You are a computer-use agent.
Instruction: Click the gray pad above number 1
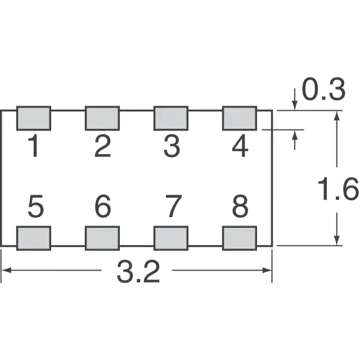point(34,118)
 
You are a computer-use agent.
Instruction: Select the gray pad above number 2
point(102,118)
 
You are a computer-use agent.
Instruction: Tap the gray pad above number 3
point(171,118)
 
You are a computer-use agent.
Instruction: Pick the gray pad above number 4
point(240,118)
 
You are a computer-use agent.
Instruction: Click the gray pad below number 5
point(34,238)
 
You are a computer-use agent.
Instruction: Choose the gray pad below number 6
point(102,238)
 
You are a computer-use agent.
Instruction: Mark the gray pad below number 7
point(171,238)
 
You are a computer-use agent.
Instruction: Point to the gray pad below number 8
point(240,238)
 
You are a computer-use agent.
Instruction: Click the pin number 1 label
point(33,146)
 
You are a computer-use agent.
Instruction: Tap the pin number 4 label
point(240,146)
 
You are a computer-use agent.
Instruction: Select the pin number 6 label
point(102,206)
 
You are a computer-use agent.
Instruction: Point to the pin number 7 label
point(174,206)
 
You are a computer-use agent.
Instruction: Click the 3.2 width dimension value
point(138,271)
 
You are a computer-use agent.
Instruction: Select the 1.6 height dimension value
point(338,189)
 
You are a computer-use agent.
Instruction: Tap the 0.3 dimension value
point(323,89)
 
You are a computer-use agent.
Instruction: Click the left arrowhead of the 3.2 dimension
point(6,270)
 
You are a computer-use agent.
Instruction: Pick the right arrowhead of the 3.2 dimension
point(268,270)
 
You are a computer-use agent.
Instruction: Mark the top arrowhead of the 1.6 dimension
point(336,116)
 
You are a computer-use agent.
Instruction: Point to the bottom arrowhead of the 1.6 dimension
point(336,240)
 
